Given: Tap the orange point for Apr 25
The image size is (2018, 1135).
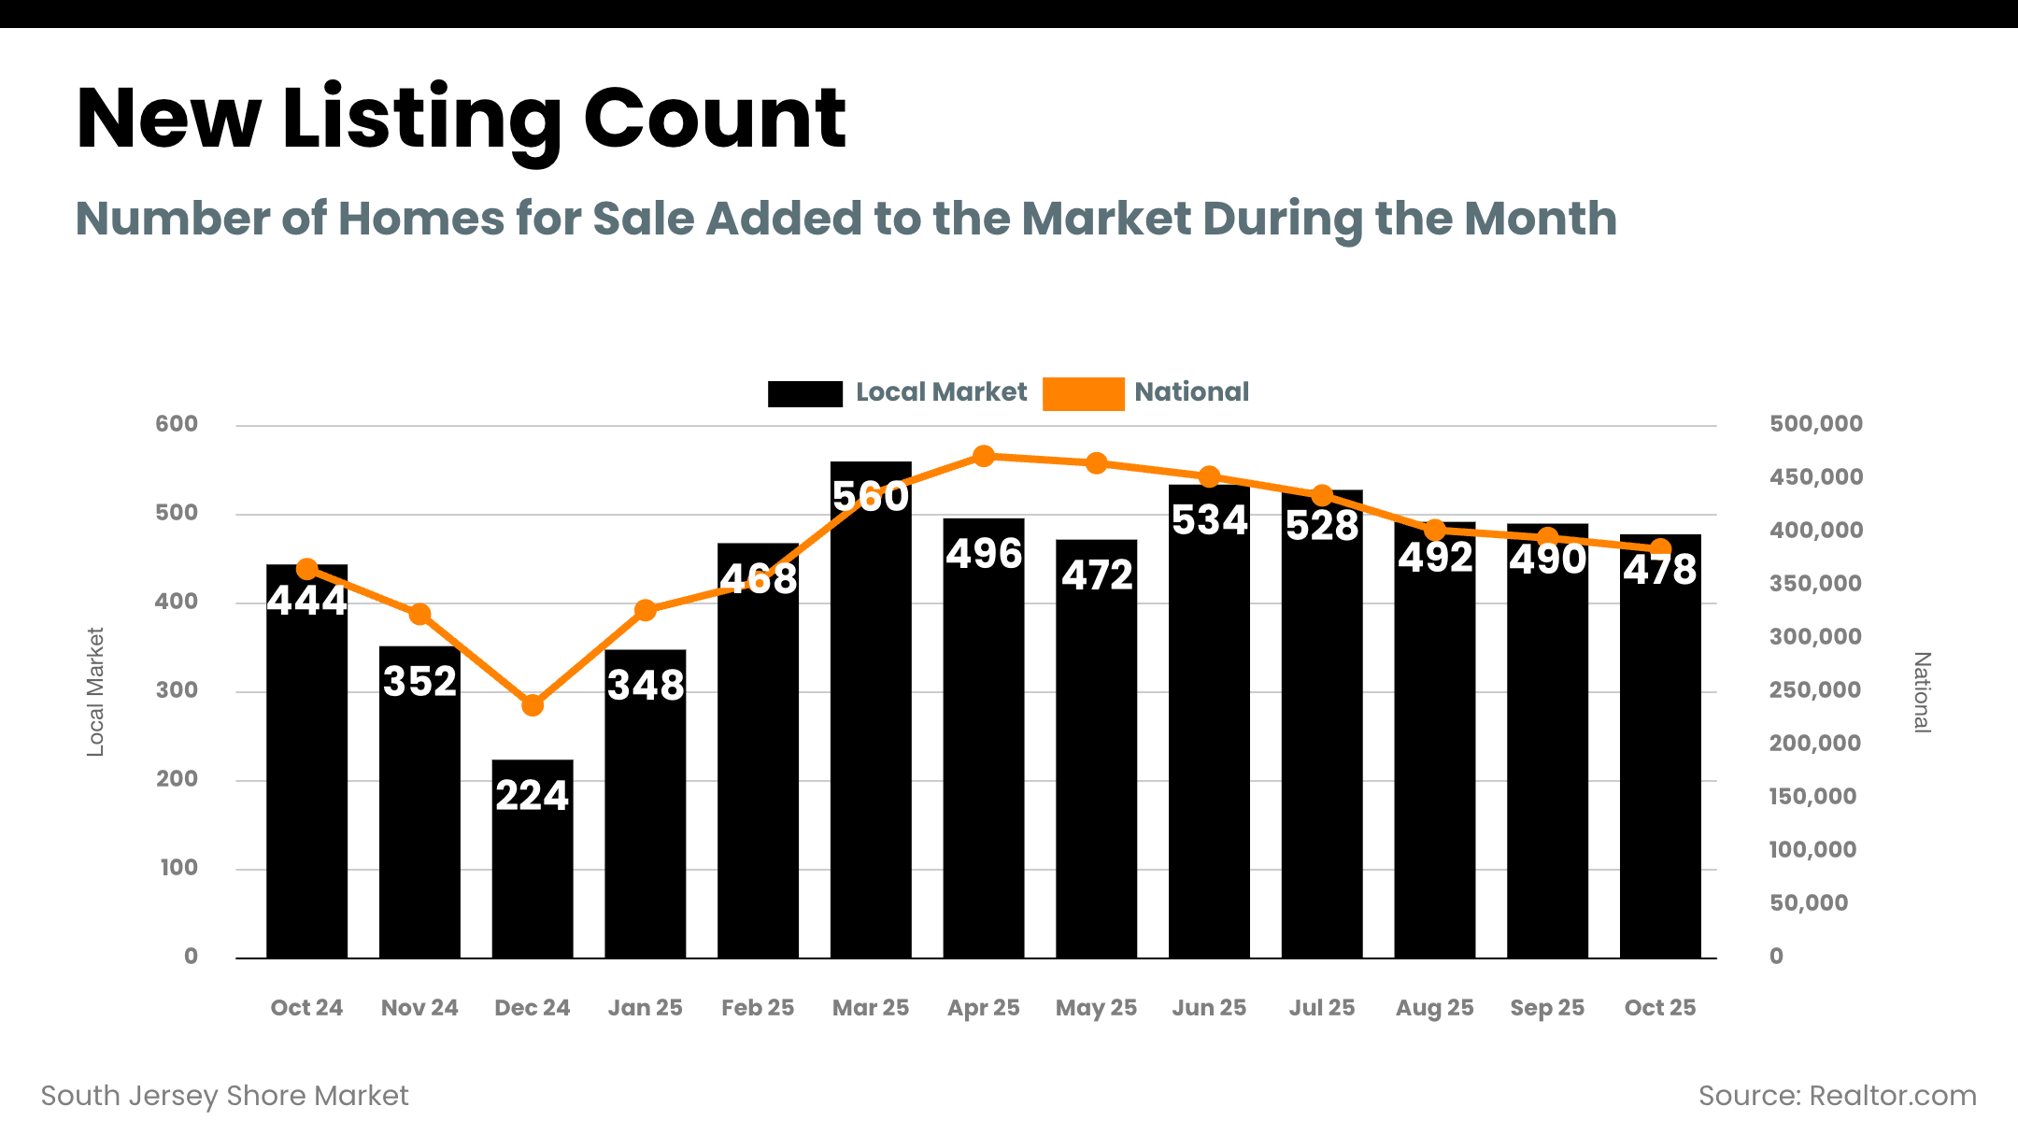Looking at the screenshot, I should (984, 457).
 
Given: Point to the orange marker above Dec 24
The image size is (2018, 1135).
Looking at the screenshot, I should (533, 705).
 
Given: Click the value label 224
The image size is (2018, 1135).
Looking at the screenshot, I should (532, 796).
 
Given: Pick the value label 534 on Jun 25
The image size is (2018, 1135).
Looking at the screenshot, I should (1210, 520).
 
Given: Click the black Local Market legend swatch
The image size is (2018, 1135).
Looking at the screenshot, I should (804, 393).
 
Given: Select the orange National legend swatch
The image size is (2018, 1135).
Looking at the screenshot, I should (1083, 393).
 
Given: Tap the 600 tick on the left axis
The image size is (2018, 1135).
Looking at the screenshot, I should (177, 424).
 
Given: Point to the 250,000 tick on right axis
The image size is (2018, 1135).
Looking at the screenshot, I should (1814, 690).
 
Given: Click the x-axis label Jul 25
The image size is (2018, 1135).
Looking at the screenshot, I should (1322, 1008).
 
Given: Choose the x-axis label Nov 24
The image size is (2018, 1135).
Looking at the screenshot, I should (419, 1008).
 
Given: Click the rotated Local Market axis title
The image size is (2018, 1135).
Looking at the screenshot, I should (95, 691).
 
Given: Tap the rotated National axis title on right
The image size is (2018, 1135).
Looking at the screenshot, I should (1922, 692).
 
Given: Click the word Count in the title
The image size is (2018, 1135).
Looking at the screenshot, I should (715, 119).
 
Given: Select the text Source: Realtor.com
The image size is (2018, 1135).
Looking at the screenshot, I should (1837, 1096).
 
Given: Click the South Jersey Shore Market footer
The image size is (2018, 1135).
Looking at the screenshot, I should (225, 1096).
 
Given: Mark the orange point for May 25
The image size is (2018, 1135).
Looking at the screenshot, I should (1097, 463).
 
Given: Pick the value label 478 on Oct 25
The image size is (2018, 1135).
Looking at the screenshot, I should (1659, 570).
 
